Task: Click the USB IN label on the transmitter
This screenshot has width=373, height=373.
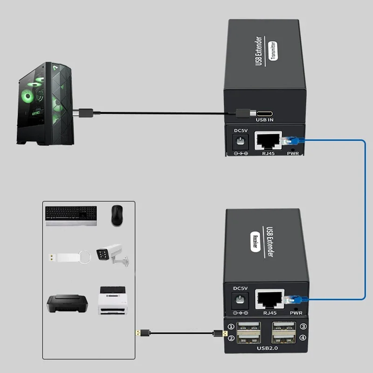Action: [x=265, y=120]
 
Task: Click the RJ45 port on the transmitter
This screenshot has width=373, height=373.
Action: [x=268, y=140]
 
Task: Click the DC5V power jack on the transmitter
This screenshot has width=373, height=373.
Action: [x=241, y=141]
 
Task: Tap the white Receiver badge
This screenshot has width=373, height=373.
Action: [x=256, y=242]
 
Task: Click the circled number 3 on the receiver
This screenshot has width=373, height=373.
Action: [x=303, y=327]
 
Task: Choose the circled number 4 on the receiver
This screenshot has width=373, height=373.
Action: [x=303, y=338]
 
